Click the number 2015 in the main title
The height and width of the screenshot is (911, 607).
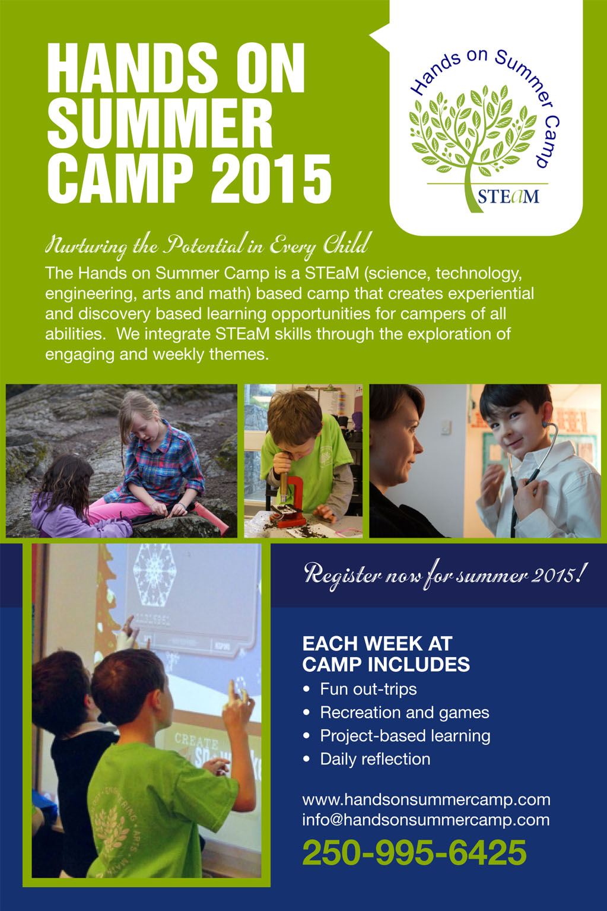[x=271, y=179]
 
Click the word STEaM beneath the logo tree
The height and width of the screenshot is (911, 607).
[x=508, y=196]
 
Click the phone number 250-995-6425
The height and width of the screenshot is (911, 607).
[x=414, y=852]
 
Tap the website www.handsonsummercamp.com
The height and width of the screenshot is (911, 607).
[x=426, y=799]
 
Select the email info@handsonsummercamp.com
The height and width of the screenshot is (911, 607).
[x=425, y=820]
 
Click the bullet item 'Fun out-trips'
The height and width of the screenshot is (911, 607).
[x=368, y=689]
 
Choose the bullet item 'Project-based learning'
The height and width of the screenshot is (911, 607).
[x=405, y=736]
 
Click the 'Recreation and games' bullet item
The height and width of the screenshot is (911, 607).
[x=405, y=713]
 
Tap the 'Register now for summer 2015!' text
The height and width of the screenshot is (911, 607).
[x=446, y=574]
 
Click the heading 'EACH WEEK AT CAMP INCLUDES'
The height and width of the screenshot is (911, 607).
[x=386, y=654]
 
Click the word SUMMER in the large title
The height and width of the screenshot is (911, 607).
[x=160, y=123]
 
